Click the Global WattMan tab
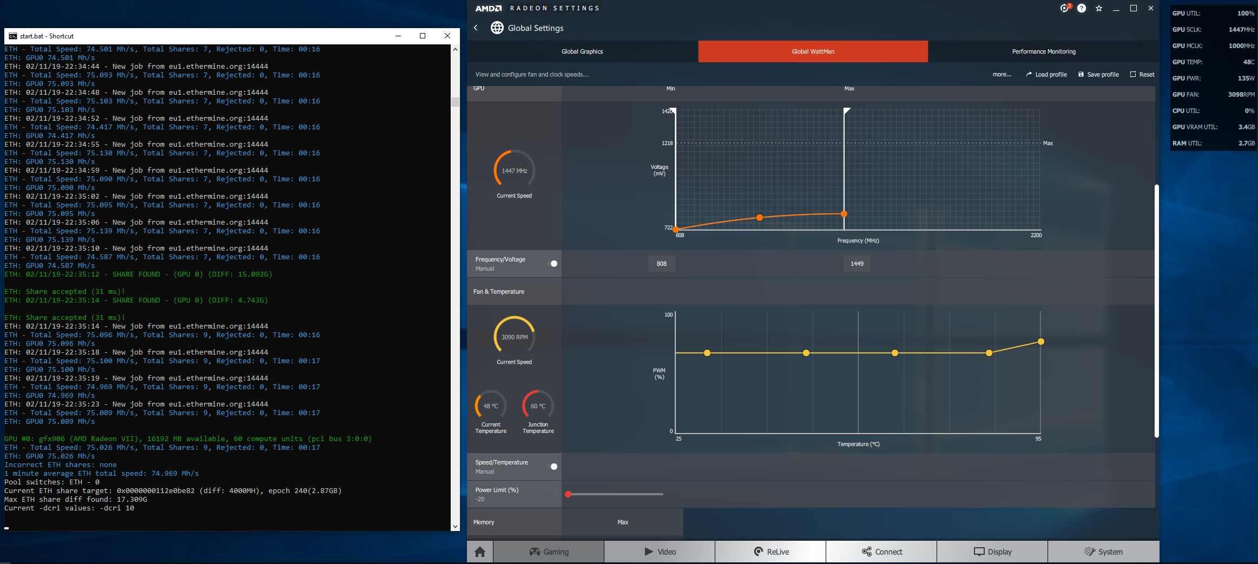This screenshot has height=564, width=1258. coord(813,51)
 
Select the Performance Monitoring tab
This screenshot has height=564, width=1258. coord(1044,51)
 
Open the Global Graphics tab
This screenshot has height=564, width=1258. coord(582,51)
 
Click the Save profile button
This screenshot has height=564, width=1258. coord(1098,75)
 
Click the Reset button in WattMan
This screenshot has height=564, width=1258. coord(1142,75)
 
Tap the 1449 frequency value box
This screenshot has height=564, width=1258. coord(857,264)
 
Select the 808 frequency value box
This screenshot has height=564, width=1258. coord(662,264)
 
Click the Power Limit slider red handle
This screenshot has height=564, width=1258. coord(568,494)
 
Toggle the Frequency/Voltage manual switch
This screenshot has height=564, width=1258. coord(554,264)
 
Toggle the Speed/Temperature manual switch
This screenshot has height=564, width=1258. coord(554,467)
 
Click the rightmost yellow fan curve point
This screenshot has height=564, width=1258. coord(1040,342)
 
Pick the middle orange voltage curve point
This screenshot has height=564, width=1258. coord(760,218)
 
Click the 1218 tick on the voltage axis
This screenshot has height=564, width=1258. coord(667,143)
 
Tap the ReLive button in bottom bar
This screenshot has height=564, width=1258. coord(770,552)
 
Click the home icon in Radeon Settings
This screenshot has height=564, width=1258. coord(480,552)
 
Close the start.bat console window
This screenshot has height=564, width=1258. coord(447,36)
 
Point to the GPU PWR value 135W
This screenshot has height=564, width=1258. coord(1246,78)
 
